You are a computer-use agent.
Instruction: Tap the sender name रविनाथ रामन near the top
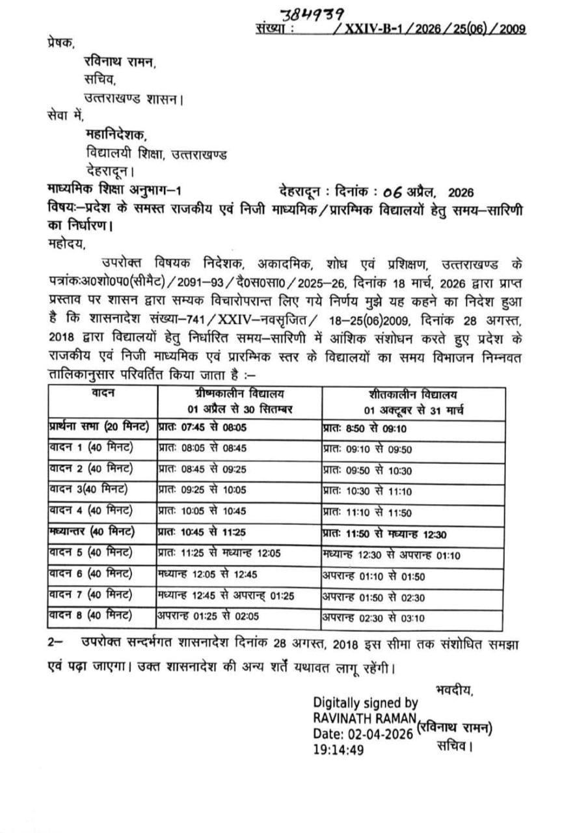pyautogui.click(x=120, y=62)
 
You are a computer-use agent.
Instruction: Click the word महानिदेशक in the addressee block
pyautogui.click(x=116, y=135)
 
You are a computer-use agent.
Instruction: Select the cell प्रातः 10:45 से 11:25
pyautogui.click(x=202, y=532)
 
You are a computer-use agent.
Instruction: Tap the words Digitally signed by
pyautogui.click(x=366, y=703)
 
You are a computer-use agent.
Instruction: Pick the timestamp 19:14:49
pyautogui.click(x=338, y=750)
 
